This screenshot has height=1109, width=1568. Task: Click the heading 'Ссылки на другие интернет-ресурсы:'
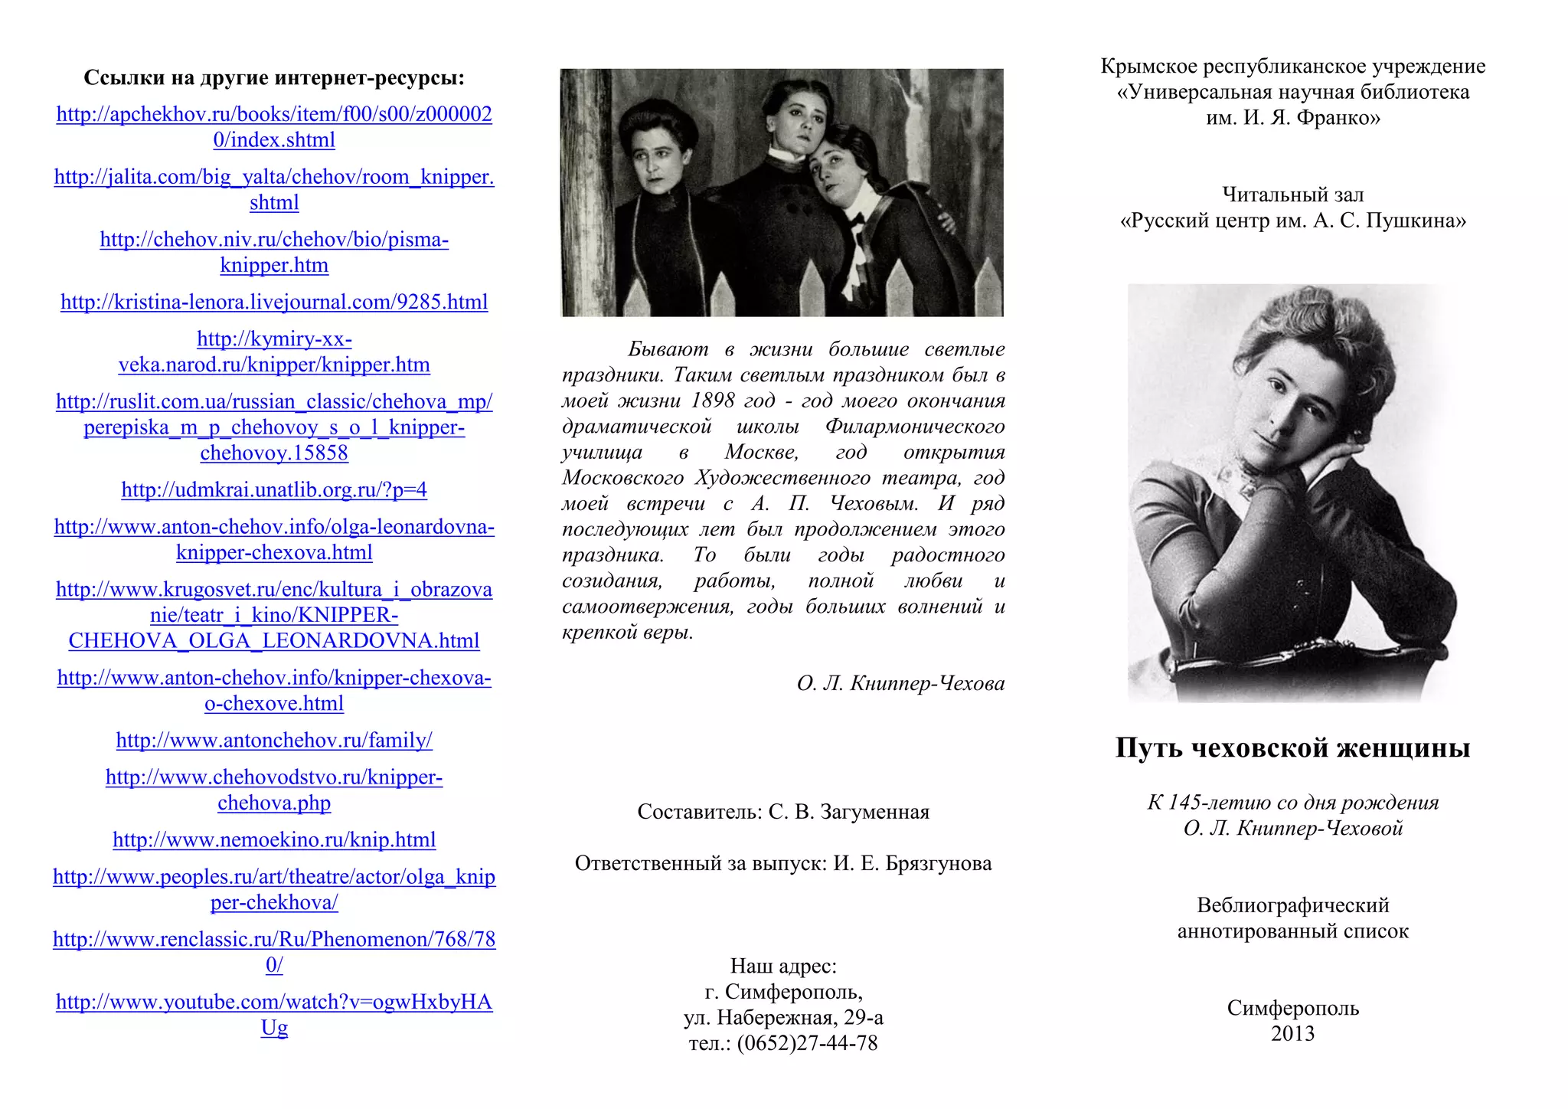(274, 78)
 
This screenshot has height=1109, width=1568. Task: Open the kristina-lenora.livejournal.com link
(274, 303)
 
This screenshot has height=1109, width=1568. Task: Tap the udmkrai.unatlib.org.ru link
(274, 490)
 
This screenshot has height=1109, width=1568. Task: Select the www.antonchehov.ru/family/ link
(274, 741)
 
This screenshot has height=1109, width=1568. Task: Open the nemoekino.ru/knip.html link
(274, 840)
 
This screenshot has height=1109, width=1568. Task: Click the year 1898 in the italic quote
(712, 401)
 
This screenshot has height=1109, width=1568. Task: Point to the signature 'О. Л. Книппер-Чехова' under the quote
(900, 683)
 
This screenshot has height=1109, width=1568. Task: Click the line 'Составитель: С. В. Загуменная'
(783, 812)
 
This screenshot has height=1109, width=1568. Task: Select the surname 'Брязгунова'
(939, 864)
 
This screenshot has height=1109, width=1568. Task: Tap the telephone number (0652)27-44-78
(807, 1044)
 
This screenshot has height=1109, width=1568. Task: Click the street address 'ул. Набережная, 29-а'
(783, 1018)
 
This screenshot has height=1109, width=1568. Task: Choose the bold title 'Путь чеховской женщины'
(1292, 748)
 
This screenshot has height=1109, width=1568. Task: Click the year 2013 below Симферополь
(1292, 1034)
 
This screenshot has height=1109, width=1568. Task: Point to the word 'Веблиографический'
(1292, 906)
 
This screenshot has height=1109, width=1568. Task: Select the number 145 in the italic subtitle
(1184, 803)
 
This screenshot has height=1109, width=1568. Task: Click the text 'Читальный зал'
(1292, 195)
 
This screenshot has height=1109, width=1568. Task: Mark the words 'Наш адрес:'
(783, 967)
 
